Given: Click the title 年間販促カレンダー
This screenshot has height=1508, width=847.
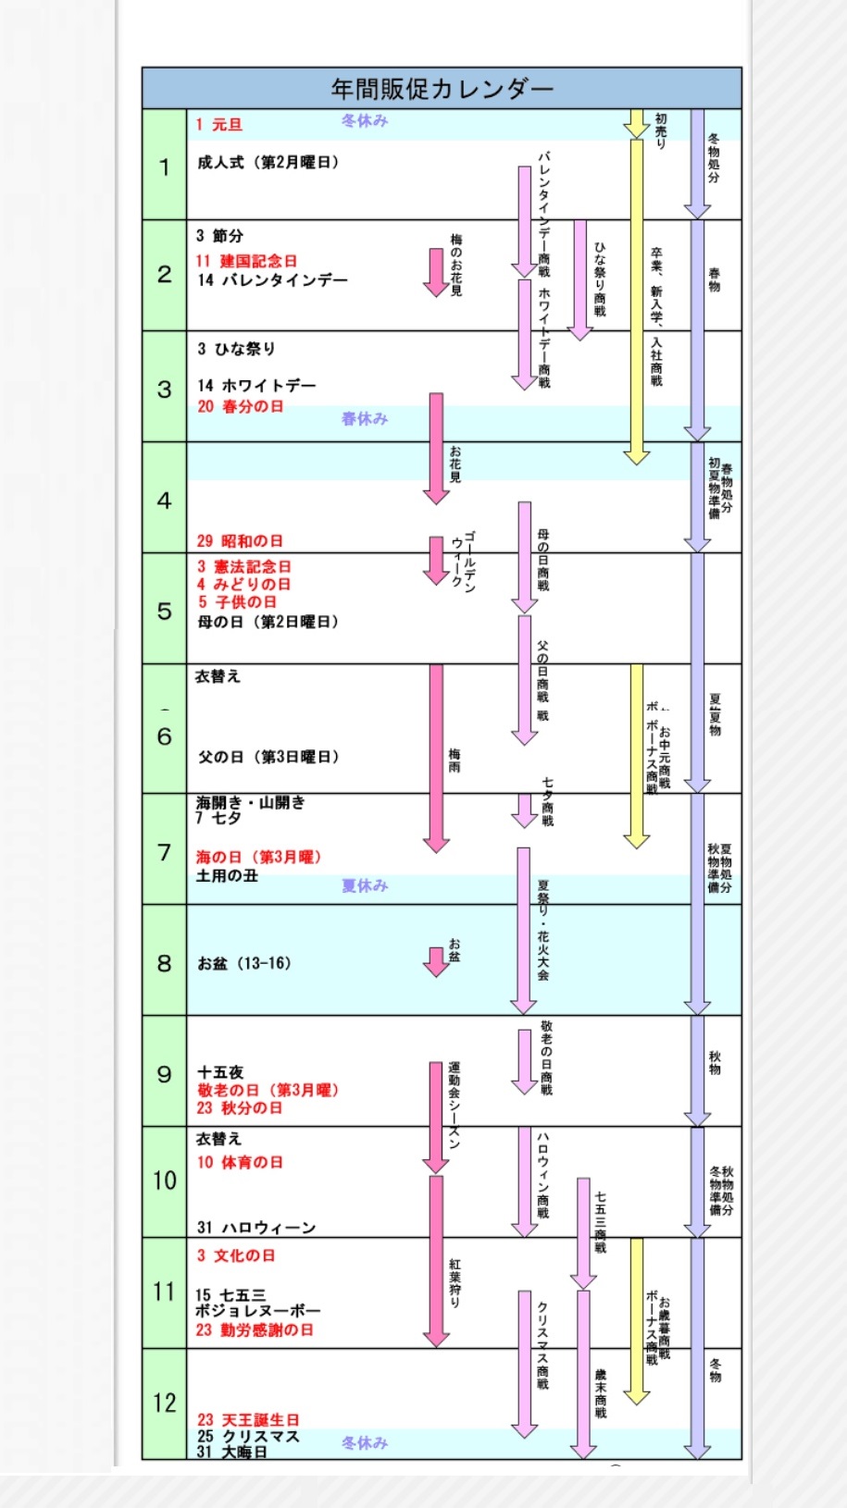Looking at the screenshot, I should (x=442, y=89).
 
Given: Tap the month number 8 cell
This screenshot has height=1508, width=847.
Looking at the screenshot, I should (x=164, y=963).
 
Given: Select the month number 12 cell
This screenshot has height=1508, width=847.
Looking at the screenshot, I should (x=164, y=1403).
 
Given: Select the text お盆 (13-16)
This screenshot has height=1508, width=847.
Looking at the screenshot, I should (x=244, y=964).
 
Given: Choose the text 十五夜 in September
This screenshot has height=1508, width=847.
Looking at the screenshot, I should (x=219, y=1072).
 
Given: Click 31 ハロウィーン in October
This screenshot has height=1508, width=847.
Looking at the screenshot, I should (x=256, y=1228).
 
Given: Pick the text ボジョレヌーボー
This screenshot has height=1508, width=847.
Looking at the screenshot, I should (x=257, y=1311).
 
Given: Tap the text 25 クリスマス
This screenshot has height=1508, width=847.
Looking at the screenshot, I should (x=248, y=1437).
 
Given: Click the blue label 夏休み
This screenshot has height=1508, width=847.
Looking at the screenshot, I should (x=365, y=886).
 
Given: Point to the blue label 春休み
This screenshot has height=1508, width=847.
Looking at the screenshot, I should (x=365, y=419).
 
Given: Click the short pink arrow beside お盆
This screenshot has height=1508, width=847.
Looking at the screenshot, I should (x=436, y=961).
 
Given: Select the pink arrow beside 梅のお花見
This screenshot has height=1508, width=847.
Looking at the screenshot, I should (x=436, y=271).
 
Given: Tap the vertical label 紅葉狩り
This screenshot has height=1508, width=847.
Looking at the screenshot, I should (x=455, y=1283).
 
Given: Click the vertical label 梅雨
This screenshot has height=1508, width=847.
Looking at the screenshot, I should (x=455, y=760).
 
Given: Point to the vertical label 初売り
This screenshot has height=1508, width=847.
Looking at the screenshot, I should (x=661, y=130).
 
